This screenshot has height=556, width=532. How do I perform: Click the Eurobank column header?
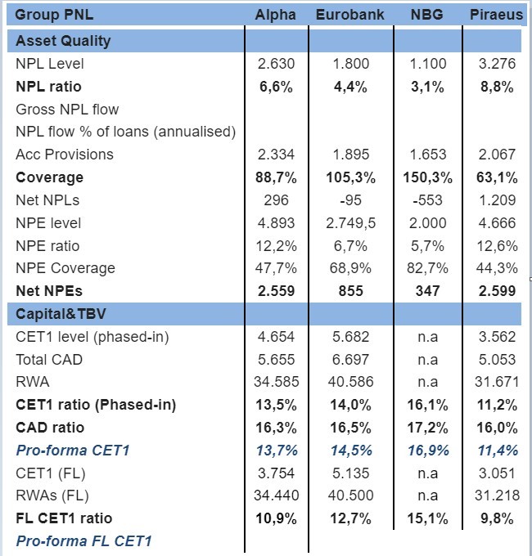(350, 15)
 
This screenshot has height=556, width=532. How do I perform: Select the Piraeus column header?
(496, 15)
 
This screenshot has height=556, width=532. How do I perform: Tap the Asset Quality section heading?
(63, 41)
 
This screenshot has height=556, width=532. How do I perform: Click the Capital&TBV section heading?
(61, 314)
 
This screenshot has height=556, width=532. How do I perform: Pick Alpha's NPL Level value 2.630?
(276, 64)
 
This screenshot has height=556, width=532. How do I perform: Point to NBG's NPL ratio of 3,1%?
(427, 87)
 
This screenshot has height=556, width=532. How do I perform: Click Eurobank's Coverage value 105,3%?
(350, 177)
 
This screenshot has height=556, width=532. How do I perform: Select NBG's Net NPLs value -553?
(427, 200)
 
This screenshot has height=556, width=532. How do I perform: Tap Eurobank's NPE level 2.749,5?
(350, 223)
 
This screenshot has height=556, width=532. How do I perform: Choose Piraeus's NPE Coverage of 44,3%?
(497, 268)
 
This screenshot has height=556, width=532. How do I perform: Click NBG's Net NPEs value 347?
(427, 291)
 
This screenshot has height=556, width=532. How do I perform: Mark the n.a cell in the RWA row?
(427, 383)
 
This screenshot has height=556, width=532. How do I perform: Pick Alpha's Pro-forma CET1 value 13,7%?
(277, 451)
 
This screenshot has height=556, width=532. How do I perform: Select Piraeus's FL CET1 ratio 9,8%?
(497, 518)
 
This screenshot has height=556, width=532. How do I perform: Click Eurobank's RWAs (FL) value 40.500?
(350, 495)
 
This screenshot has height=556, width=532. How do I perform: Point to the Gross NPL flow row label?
(67, 110)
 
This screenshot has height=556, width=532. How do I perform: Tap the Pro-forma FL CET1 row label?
(83, 541)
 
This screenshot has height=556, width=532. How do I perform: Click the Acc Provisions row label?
(65, 155)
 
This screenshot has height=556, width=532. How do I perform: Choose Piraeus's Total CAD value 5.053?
(497, 360)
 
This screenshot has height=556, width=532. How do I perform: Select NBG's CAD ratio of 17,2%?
(427, 428)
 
